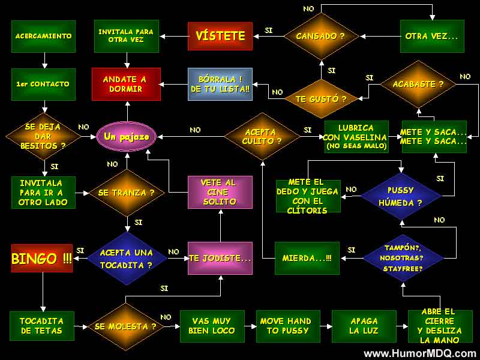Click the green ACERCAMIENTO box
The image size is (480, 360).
click(43, 36)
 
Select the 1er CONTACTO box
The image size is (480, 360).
click(43, 84)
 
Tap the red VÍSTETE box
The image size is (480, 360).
click(220, 36)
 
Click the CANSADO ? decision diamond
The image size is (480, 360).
click(320, 36)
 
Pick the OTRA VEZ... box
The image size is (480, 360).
click(431, 36)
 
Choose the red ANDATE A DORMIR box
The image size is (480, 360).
click(127, 84)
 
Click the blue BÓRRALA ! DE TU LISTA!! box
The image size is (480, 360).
click(220, 84)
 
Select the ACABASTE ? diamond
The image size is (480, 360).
click(418, 84)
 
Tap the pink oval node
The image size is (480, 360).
click(127, 137)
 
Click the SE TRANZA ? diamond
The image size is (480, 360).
click(127, 193)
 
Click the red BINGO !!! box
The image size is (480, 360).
click(42, 259)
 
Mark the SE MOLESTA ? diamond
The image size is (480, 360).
click(127, 326)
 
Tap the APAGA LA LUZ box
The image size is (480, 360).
click(364, 326)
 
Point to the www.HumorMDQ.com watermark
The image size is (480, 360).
click(420, 353)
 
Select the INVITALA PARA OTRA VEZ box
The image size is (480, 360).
click(126, 36)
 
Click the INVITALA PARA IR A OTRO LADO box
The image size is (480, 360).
click(44, 193)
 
